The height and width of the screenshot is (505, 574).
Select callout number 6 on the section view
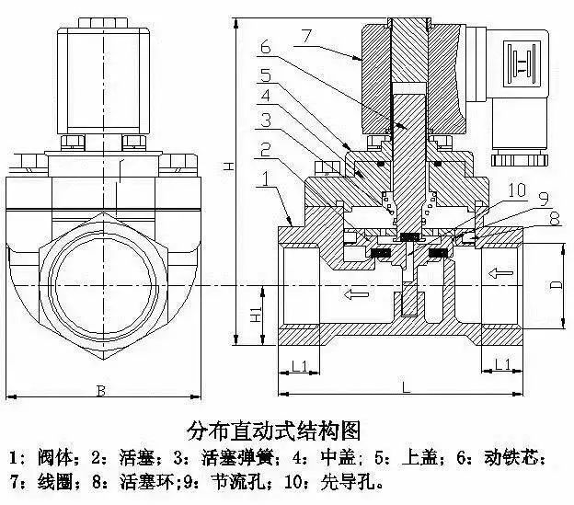264,45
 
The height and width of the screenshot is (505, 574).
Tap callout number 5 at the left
264,74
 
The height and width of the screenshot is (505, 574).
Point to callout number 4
264,95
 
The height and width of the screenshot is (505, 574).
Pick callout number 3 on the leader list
264,120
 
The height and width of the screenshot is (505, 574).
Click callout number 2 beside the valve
264,148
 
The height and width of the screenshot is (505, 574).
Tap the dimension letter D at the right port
555,286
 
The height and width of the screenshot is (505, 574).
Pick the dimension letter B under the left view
101,390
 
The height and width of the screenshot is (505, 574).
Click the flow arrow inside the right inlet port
501,274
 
